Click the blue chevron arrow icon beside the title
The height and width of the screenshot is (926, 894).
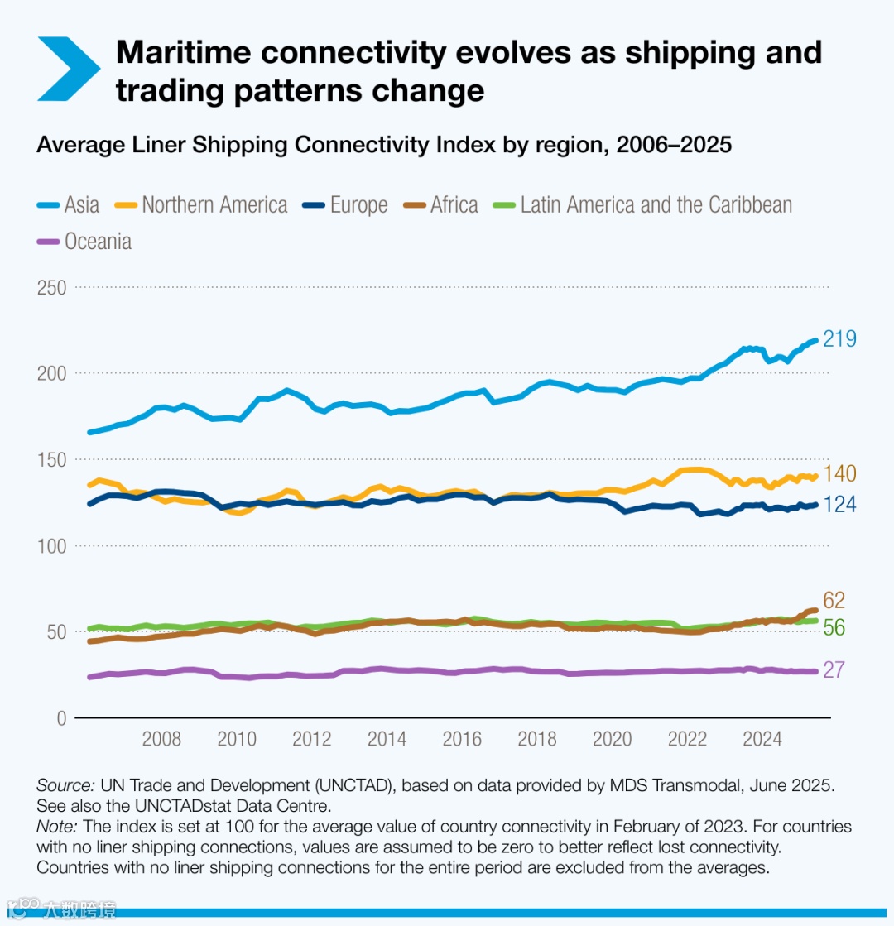[67, 69]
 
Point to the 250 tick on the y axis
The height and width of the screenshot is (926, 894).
[52, 287]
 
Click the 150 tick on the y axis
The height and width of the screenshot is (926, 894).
[52, 459]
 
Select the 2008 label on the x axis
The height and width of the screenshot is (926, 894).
[161, 739]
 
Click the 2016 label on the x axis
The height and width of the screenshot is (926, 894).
[462, 739]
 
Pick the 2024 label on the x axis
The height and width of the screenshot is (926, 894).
[762, 739]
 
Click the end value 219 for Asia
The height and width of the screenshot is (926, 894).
[839, 339]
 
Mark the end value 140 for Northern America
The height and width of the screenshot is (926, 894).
[839, 474]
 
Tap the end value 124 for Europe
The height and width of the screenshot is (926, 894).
[839, 504]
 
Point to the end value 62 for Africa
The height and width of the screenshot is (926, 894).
[834, 601]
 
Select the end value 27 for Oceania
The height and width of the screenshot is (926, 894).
[833, 669]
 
